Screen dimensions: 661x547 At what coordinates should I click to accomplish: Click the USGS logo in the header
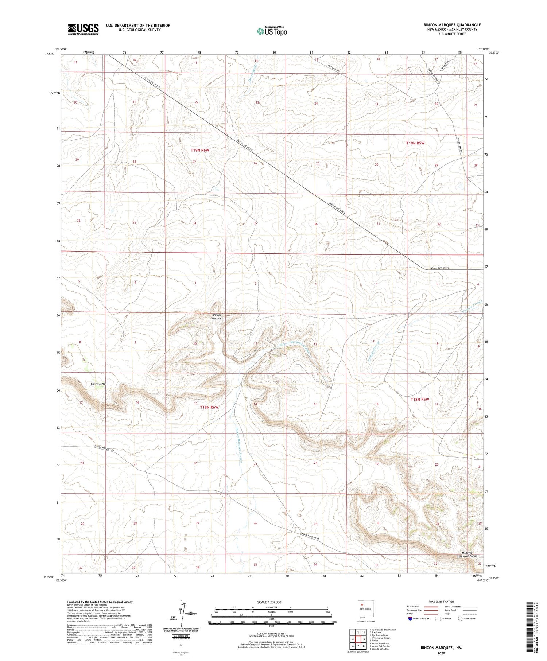(x=83, y=29)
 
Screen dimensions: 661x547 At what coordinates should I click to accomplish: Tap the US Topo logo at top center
(x=272, y=31)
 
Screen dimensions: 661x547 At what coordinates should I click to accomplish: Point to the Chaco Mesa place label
(x=98, y=384)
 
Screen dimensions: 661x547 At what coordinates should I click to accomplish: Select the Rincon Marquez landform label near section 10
(x=218, y=316)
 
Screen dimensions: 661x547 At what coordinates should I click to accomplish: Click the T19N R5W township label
(x=415, y=143)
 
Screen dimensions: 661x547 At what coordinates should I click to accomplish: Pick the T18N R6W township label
(x=209, y=407)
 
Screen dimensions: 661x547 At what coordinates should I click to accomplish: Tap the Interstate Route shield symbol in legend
(x=410, y=619)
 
